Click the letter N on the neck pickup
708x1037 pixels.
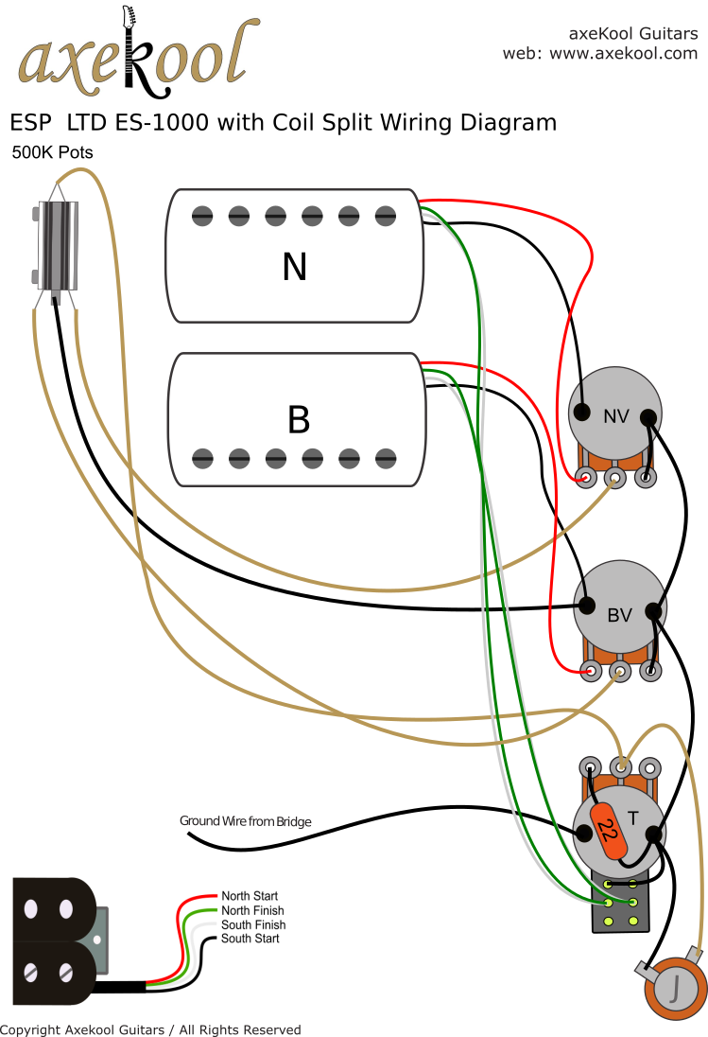pyautogui.click(x=294, y=268)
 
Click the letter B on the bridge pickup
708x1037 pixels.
pyautogui.click(x=298, y=420)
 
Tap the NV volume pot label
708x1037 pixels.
pyautogui.click(x=616, y=414)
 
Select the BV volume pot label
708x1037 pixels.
pyautogui.click(x=619, y=615)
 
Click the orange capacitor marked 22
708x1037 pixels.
pyautogui.click(x=608, y=833)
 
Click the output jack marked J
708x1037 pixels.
pyautogui.click(x=675, y=990)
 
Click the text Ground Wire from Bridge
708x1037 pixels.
pyautogui.click(x=245, y=821)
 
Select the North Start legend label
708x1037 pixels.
pyautogui.click(x=250, y=896)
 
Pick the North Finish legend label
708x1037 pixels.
pyautogui.click(x=252, y=910)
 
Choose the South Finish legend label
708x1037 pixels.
pyautogui.click(x=252, y=924)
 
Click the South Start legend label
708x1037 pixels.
pyautogui.click(x=250, y=939)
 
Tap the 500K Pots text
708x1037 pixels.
pyautogui.click(x=52, y=152)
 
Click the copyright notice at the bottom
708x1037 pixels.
pyautogui.click(x=150, y=1029)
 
